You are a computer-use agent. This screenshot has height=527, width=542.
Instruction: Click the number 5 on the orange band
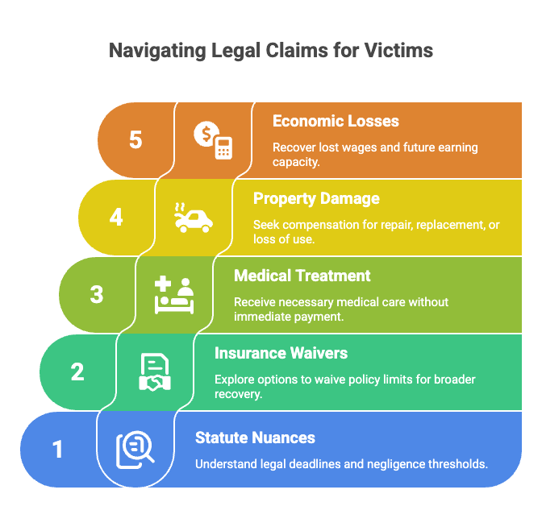coord(135,140)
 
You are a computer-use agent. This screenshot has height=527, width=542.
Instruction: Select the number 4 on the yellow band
coord(116,218)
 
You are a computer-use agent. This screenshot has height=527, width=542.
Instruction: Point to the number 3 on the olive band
coord(97,295)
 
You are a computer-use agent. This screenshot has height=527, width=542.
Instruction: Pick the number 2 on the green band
coord(77,372)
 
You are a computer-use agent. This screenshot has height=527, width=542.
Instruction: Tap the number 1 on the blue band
coord(57,450)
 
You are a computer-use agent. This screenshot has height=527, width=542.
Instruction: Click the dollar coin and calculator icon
coord(213,140)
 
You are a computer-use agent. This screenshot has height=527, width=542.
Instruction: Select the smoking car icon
coord(194,218)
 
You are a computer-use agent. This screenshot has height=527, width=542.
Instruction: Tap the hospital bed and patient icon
coord(174,295)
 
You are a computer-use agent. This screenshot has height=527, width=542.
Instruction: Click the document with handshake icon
coord(155,372)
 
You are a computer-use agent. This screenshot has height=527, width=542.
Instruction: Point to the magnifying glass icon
coord(135,450)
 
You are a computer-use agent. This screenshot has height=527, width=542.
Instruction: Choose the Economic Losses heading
coord(336,121)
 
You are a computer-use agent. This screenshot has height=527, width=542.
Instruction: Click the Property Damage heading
coord(316,199)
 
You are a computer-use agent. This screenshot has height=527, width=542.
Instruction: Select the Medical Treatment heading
coord(302,276)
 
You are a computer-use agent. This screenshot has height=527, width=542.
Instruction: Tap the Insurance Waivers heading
coord(281,353)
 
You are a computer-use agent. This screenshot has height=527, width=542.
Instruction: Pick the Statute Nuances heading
coord(255,438)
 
